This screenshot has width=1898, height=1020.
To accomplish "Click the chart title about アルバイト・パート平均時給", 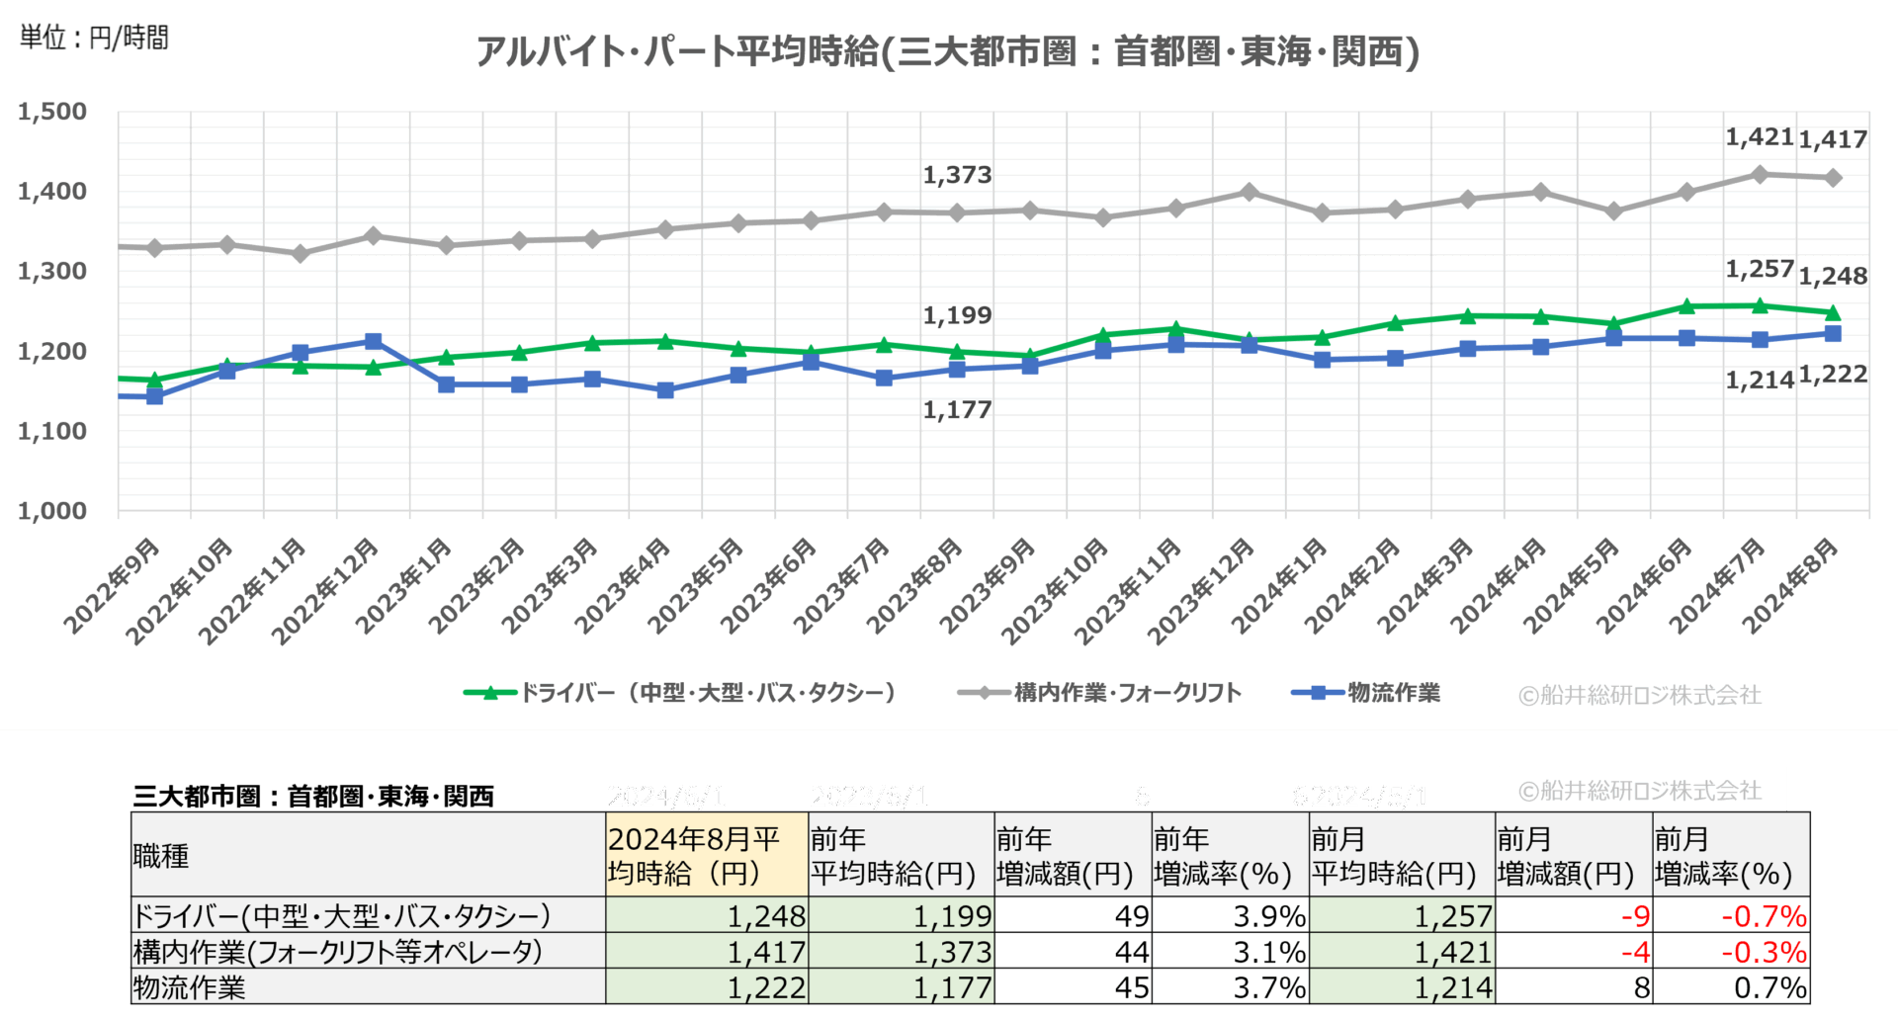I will click(x=947, y=51).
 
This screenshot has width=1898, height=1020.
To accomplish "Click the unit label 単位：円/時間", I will click(x=95, y=38).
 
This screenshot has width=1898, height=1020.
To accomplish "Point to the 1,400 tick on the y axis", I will click(x=52, y=191).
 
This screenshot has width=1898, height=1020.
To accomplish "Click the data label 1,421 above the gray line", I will click(x=1759, y=137).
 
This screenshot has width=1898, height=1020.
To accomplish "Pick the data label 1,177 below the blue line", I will click(x=956, y=409).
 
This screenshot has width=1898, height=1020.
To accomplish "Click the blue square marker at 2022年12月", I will click(x=374, y=341).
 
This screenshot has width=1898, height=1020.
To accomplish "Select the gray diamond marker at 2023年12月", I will click(x=1250, y=192).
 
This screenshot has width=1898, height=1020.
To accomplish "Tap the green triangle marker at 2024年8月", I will click(x=1832, y=312).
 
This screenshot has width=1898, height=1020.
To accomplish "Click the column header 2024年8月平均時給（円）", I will click(x=706, y=856).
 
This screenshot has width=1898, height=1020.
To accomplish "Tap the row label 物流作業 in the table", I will click(x=189, y=987).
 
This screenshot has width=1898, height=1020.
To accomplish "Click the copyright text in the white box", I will click(x=1641, y=791).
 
